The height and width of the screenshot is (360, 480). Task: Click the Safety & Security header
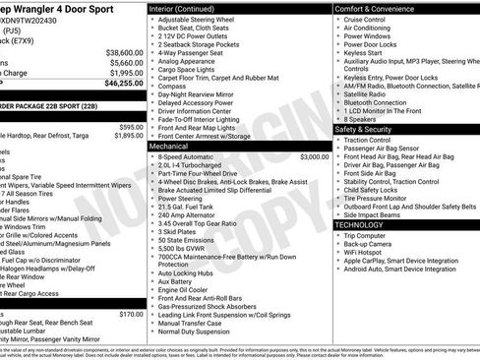pos(370,129)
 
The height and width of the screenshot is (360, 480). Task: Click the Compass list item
pos(173,85)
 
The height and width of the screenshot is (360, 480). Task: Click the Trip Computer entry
pos(370,236)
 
